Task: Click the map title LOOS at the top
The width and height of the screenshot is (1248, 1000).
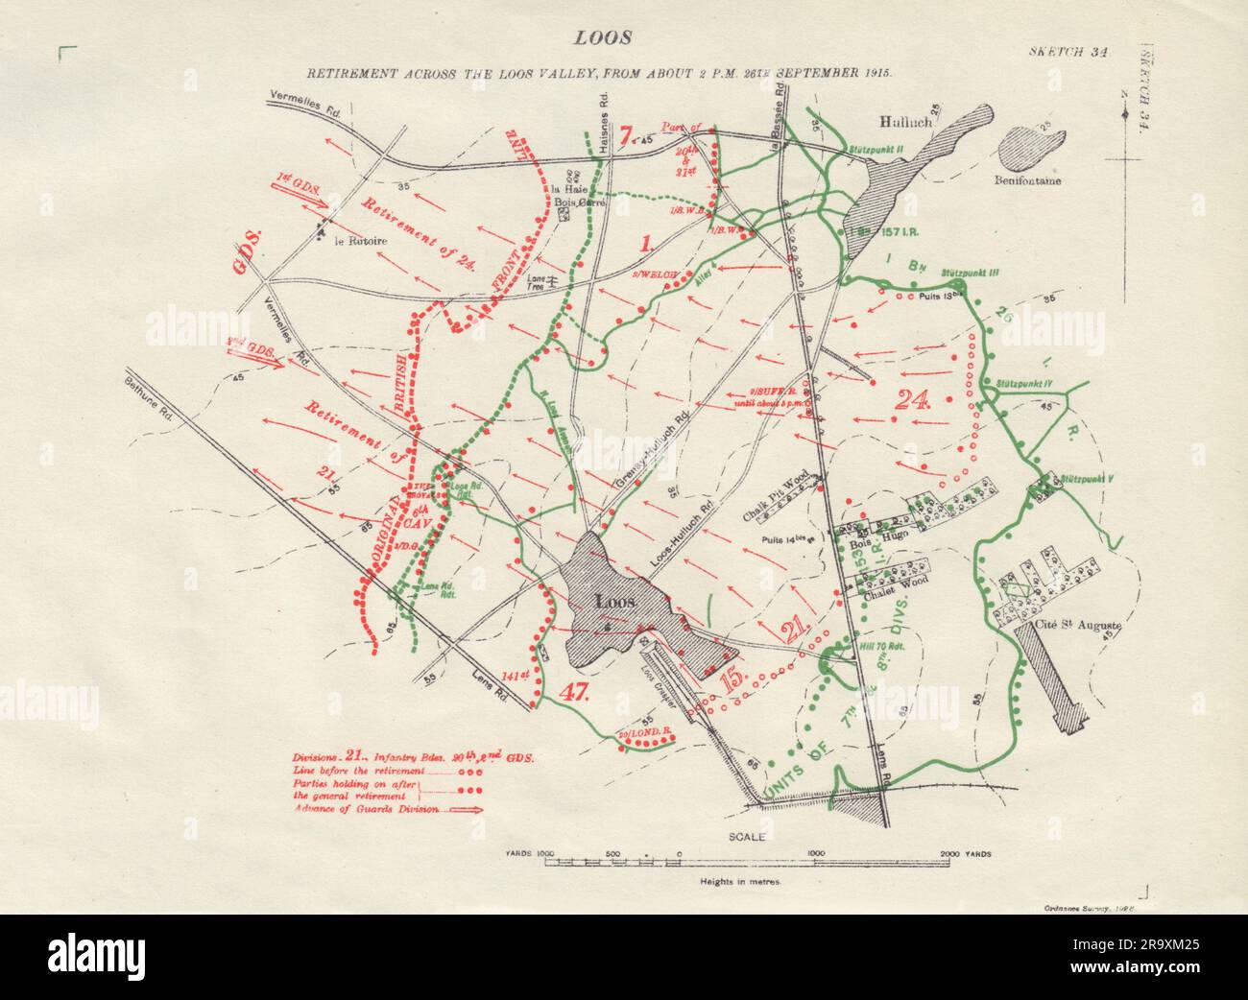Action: pyautogui.click(x=602, y=38)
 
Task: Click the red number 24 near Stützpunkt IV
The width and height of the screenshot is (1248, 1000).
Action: pyautogui.click(x=911, y=400)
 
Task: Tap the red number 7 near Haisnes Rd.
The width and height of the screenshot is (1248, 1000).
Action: pyautogui.click(x=627, y=136)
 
